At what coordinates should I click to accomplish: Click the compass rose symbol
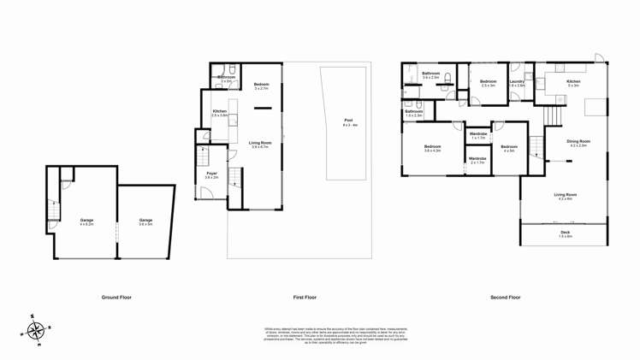click(x=36, y=330)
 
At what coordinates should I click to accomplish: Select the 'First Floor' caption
click(x=305, y=298)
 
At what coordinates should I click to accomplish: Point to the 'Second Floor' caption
click(x=505, y=298)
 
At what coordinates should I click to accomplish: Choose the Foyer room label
click(x=211, y=175)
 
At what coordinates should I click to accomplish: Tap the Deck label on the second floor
click(x=565, y=234)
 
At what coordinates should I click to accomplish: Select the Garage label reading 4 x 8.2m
click(x=86, y=221)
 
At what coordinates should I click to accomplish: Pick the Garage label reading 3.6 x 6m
click(x=146, y=221)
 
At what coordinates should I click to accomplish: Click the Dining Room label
click(x=578, y=143)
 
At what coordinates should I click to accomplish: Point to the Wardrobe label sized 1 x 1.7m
click(x=477, y=135)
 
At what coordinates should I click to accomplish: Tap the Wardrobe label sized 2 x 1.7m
click(x=477, y=160)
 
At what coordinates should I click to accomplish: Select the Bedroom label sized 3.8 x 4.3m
click(x=432, y=148)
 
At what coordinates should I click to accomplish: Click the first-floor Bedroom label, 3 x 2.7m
click(x=262, y=86)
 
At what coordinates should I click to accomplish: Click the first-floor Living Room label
click(x=260, y=145)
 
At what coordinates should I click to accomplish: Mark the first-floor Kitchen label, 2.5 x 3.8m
click(x=219, y=114)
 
